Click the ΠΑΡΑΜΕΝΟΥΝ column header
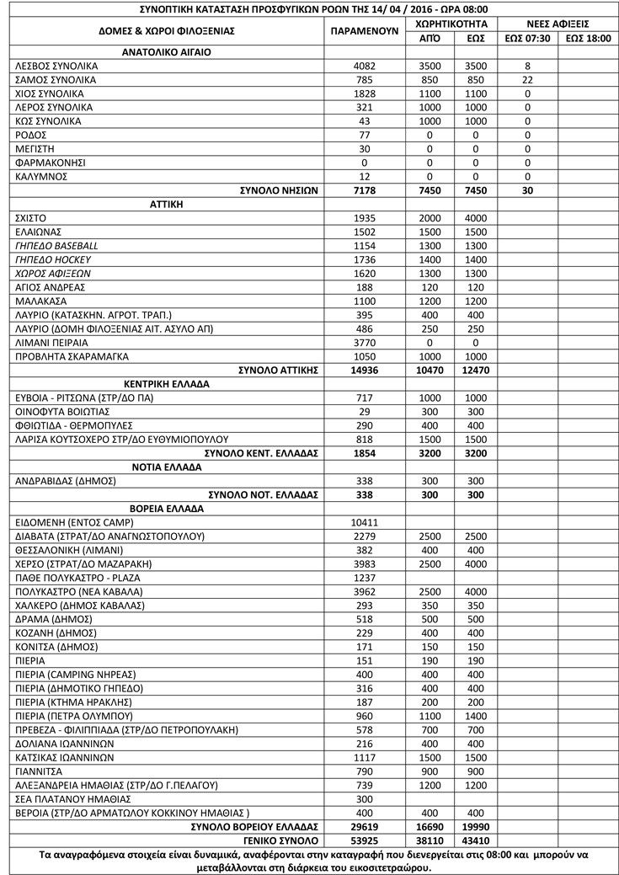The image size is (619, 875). [364, 30]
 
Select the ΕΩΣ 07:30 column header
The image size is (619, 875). [527, 38]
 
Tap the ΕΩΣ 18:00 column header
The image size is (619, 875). [588, 38]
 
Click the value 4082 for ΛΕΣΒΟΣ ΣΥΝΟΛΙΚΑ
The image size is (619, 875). [364, 66]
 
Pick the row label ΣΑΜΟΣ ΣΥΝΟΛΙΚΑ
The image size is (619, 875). [56, 80]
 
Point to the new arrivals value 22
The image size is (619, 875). [527, 80]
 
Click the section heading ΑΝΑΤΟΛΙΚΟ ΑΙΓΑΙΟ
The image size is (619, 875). [166, 51]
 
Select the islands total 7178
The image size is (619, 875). [364, 190]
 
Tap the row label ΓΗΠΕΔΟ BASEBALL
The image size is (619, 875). [56, 245]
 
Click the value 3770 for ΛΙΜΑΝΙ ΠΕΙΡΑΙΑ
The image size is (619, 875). [364, 342]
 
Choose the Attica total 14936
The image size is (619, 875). [364, 370]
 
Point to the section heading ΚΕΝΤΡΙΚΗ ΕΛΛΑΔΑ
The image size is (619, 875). [166, 383]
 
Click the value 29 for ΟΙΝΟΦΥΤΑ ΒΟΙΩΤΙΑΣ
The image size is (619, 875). [364, 411]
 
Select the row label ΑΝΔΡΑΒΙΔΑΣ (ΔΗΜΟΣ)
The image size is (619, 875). [67, 481]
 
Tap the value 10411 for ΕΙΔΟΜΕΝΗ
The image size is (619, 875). [364, 522]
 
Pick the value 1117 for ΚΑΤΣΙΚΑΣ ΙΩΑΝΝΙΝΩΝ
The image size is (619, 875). [364, 757]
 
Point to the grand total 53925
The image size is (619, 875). [364, 840]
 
